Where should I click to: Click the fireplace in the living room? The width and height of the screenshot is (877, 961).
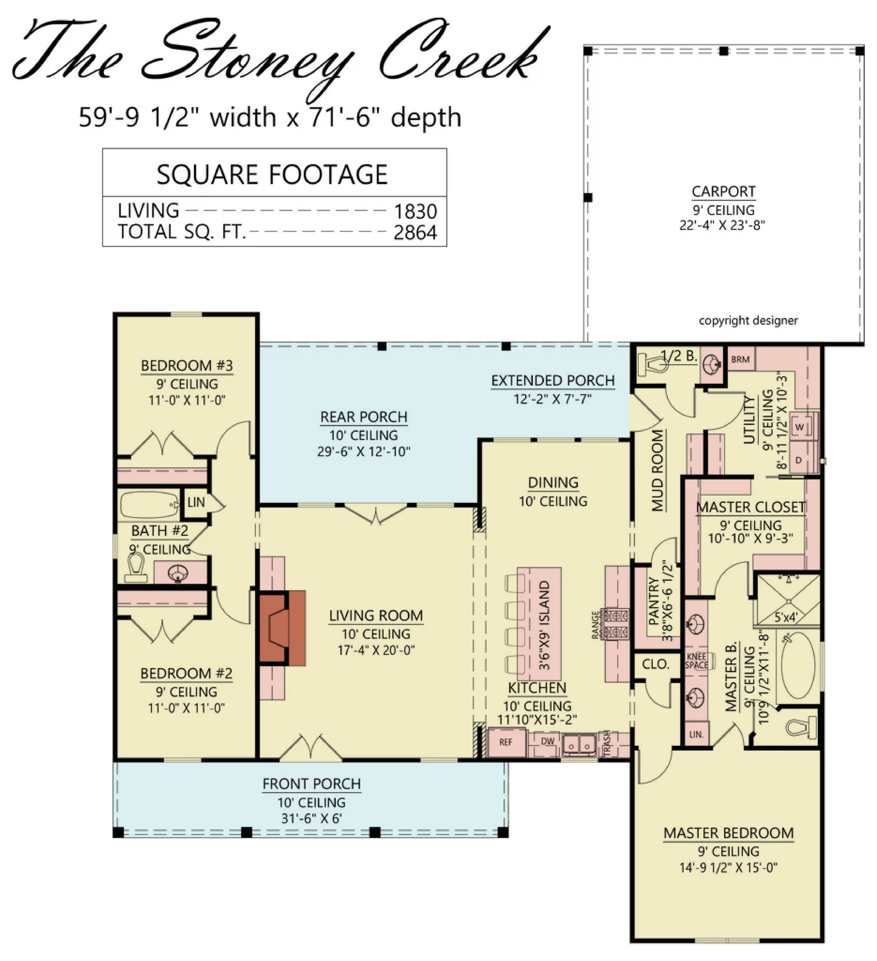coord(282,628)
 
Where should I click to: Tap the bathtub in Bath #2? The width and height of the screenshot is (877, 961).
coord(149,505)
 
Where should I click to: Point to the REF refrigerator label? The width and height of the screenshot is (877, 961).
coord(505,742)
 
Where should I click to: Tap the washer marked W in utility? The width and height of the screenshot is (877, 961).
coord(800,427)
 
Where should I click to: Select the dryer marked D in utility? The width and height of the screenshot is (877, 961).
coord(799,460)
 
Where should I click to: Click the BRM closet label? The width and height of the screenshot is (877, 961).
coord(740,359)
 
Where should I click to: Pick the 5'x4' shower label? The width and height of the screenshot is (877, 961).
coord(785,617)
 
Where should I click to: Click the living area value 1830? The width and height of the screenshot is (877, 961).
coord(415,211)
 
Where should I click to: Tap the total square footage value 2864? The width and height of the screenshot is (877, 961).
coord(415,233)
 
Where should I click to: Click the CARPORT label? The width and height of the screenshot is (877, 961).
coord(724,191)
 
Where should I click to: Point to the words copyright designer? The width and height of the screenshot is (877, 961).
coord(748,320)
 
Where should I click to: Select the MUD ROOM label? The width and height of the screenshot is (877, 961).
coord(658,470)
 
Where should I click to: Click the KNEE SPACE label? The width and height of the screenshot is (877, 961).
coord(697,661)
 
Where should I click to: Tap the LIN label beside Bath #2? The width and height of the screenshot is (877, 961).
coord(196,502)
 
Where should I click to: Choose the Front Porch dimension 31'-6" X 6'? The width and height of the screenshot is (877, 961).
coord(311,818)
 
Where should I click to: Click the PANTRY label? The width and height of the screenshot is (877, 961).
coord(653,601)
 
